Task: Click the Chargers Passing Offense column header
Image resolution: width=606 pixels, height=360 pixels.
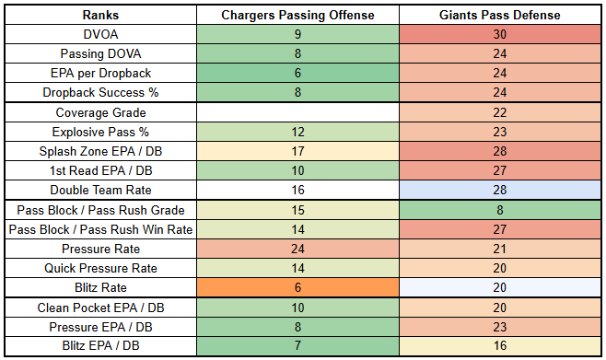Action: tap(297, 15)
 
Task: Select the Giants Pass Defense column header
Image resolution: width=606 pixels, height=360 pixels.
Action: tap(500, 15)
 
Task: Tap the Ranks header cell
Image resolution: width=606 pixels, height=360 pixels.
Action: tap(100, 15)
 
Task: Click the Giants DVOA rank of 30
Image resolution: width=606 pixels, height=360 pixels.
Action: tap(500, 34)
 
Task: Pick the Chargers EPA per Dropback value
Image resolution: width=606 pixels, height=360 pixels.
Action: tap(297, 73)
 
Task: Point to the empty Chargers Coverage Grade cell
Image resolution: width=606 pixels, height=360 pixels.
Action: tap(297, 112)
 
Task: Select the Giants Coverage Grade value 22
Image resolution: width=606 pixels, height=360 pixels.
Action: tap(500, 112)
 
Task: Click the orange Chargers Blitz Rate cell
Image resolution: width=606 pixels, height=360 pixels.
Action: tap(297, 287)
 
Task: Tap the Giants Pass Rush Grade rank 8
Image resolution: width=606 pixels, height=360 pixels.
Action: tap(500, 210)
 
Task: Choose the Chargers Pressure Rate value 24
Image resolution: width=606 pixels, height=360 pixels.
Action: tap(297, 249)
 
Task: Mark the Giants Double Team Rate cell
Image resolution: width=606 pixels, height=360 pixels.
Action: tap(500, 190)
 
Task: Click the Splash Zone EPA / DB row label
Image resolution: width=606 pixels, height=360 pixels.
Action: tap(100, 151)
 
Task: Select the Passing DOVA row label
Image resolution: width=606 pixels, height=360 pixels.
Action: tap(100, 53)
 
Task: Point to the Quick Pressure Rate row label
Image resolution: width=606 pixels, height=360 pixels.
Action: tap(100, 268)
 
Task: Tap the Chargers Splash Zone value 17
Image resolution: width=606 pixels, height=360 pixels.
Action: tap(297, 151)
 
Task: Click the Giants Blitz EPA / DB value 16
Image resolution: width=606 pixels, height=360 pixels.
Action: tap(500, 345)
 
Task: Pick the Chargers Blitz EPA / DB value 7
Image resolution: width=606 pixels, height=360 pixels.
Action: tap(297, 345)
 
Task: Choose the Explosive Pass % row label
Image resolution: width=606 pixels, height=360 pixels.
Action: tap(100, 132)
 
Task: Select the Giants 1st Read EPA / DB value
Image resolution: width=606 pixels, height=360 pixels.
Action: tap(500, 170)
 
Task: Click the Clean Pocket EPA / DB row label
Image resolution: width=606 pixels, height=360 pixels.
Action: tap(100, 308)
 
